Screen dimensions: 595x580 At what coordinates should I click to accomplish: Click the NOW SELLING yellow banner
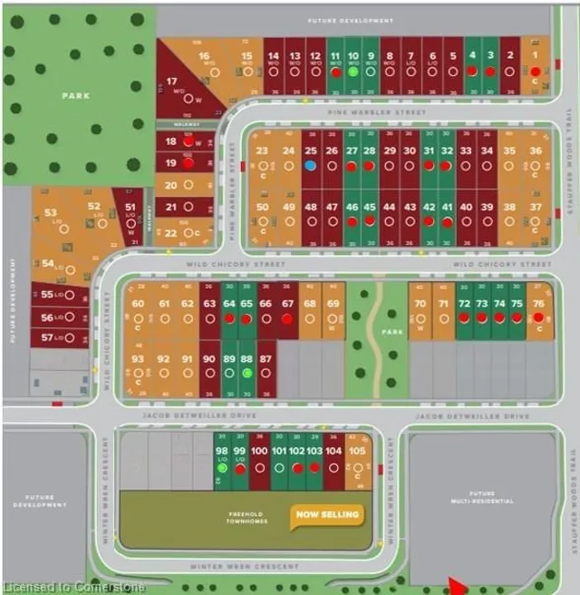[326, 515]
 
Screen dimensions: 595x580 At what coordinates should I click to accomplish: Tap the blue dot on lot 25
[311, 166]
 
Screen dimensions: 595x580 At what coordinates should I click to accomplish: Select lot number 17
[171, 81]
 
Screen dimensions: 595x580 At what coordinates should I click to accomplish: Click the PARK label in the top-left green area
[75, 95]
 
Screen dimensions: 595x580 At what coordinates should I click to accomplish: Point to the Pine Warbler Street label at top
[391, 112]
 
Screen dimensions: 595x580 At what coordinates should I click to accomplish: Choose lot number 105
[357, 451]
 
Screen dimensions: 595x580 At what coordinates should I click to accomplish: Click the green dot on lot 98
[222, 468]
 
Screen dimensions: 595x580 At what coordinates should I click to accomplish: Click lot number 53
[51, 213]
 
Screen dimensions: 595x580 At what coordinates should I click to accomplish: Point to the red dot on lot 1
[536, 71]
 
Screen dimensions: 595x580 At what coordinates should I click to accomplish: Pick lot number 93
[138, 359]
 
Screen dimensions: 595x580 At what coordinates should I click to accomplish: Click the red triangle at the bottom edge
[458, 587]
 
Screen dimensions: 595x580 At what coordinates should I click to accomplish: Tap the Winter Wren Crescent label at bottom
[245, 567]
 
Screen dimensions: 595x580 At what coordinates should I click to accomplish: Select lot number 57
[47, 337]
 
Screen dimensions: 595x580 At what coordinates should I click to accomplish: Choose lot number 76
[538, 304]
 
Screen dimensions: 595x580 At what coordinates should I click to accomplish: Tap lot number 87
[266, 359]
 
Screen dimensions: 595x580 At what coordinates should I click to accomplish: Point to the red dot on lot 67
[287, 319]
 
